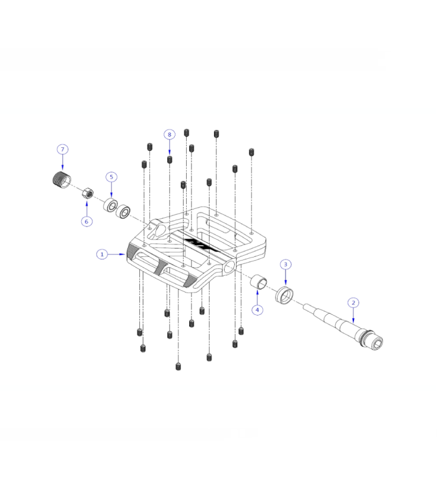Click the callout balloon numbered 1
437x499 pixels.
[101, 254]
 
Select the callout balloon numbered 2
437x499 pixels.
[354, 303]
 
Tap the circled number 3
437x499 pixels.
[285, 264]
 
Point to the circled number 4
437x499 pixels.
[257, 309]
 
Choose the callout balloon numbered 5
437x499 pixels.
[111, 177]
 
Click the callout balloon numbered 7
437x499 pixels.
[62, 150]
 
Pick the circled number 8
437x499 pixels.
[169, 135]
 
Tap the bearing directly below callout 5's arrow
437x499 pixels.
[111, 205]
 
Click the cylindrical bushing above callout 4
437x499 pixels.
[258, 283]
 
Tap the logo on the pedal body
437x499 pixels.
[201, 243]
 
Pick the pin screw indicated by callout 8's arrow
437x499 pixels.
[169, 160]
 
